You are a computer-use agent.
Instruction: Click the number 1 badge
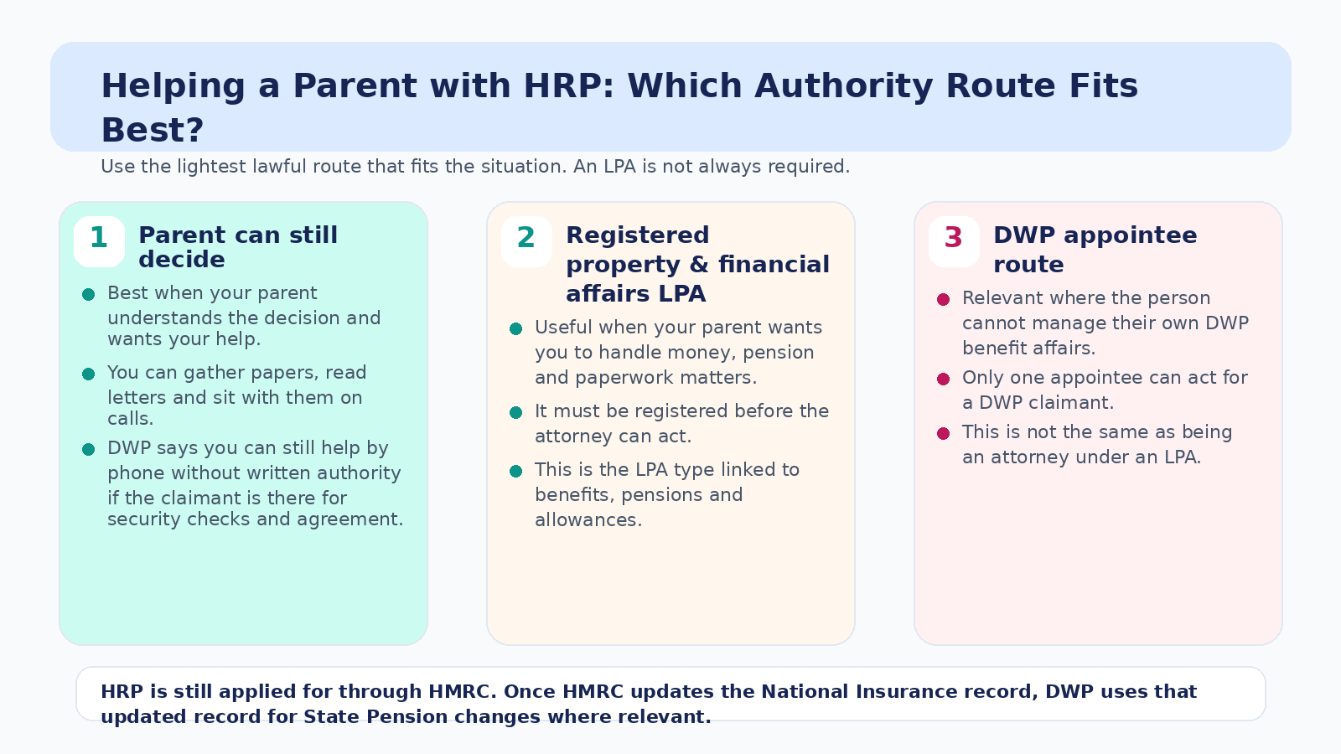(x=99, y=241)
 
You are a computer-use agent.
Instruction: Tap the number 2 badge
(x=526, y=241)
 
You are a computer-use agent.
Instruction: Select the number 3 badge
(x=954, y=241)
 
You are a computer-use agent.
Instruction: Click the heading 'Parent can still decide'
(x=238, y=247)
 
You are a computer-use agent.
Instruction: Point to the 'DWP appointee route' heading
(x=1095, y=250)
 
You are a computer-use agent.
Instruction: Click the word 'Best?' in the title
(x=153, y=130)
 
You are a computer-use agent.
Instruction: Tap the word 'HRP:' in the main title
(x=569, y=85)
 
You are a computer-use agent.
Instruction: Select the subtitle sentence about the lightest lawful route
(x=475, y=167)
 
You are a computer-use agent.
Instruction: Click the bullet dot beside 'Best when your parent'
(x=89, y=294)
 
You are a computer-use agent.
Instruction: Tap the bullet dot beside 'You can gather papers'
(x=89, y=374)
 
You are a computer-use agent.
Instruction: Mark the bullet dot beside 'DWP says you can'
(x=89, y=449)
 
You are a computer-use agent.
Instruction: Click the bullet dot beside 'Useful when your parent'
(x=516, y=328)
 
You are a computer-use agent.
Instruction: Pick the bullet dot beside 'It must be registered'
(x=516, y=412)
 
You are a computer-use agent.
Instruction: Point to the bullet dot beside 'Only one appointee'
(x=944, y=379)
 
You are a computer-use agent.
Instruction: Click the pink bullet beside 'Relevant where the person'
(x=944, y=299)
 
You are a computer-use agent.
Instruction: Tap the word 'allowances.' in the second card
(x=588, y=519)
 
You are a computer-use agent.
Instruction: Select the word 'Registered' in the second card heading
(x=638, y=235)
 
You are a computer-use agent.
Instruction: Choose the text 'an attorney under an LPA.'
(x=1081, y=457)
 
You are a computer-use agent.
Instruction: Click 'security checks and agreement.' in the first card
(x=255, y=519)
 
